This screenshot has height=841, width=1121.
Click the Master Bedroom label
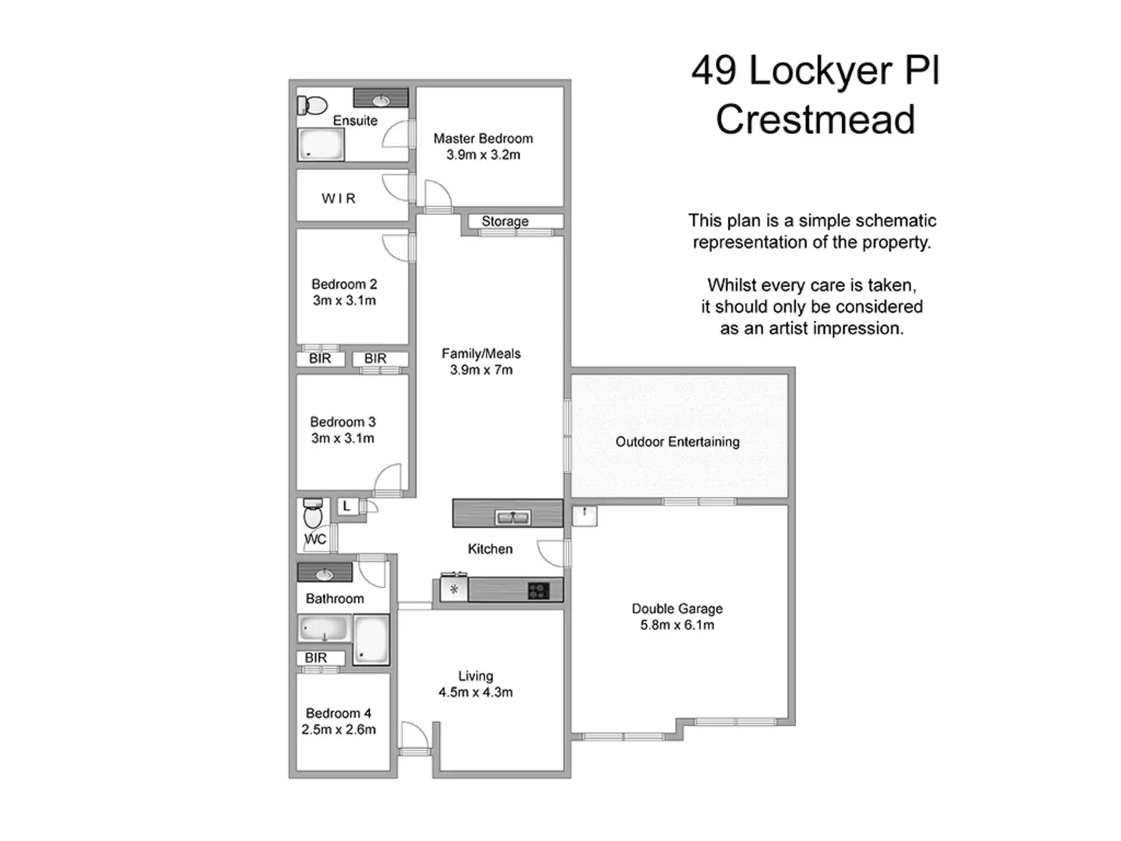483,139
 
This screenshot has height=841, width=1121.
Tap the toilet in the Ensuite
311,105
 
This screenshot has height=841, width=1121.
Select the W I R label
338,199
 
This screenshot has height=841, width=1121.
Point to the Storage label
505,222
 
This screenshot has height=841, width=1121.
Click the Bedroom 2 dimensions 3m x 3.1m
344,301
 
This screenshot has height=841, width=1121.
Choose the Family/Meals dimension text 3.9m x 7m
481,370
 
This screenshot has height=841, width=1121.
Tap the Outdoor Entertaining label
677,442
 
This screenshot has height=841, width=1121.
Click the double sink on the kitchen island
513,518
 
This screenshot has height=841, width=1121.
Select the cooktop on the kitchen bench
538,590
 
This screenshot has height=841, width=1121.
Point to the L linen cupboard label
347,506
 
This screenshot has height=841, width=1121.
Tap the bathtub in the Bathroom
324,630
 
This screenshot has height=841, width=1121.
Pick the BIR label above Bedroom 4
316,658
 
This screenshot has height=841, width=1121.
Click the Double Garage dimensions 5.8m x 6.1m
677,625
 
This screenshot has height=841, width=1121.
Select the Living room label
475,676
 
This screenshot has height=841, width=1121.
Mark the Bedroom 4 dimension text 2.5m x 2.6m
339,730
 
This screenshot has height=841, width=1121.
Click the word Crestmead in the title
815,120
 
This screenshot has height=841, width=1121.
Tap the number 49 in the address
714,71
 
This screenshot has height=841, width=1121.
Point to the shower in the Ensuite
321,145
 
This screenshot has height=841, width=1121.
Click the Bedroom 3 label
343,422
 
